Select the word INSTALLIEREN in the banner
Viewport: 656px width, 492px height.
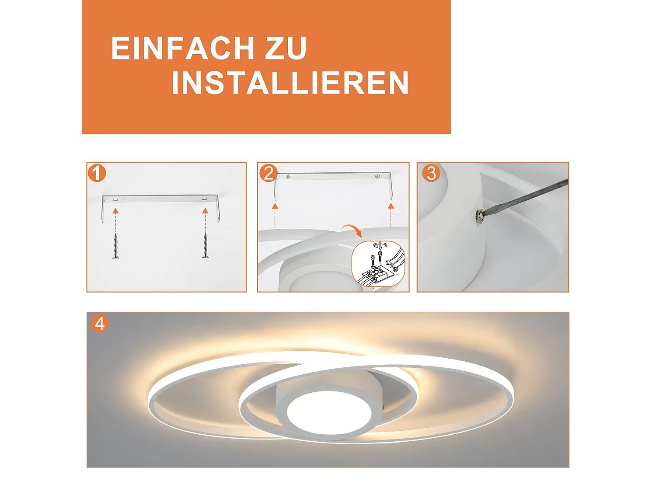click(x=290, y=83)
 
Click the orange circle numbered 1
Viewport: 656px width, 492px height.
click(x=97, y=173)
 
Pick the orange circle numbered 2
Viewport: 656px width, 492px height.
click(x=268, y=173)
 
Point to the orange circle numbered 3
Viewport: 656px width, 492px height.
click(x=431, y=173)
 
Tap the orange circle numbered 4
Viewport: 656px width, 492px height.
click(x=100, y=324)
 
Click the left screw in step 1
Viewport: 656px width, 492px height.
click(x=115, y=246)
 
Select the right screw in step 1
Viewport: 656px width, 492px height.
click(x=205, y=246)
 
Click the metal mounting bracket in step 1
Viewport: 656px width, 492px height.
click(x=161, y=199)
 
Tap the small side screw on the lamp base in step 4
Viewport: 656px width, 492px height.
click(x=384, y=407)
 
